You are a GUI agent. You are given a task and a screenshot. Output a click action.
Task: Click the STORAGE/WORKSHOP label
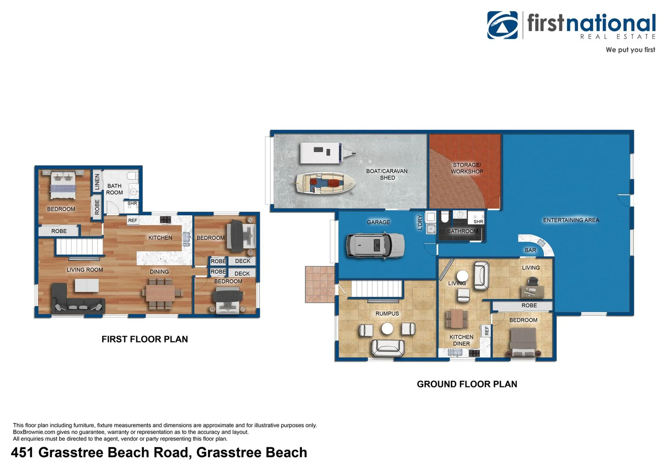pyautogui.click(x=467, y=168)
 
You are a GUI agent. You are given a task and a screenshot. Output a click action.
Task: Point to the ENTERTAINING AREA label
pyautogui.click(x=571, y=220)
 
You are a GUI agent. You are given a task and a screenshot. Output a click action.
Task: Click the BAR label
pyautogui.click(x=530, y=250)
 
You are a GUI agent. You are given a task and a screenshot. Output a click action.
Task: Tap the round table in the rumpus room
pyautogui.click(x=387, y=329)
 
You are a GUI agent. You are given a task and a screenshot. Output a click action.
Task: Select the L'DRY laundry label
pyautogui.click(x=420, y=222)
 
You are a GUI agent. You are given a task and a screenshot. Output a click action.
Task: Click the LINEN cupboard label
pyautogui.click(x=97, y=182)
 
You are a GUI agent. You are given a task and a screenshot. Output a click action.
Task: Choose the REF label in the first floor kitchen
pyautogui.click(x=132, y=220)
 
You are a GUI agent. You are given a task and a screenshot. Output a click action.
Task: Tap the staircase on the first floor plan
pyautogui.click(x=79, y=247)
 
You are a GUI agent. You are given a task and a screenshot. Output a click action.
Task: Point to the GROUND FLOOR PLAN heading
pyautogui.click(x=467, y=384)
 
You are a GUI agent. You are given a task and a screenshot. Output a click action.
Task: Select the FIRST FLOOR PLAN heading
pyautogui.click(x=145, y=339)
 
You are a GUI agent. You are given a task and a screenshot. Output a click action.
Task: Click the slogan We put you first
pyautogui.click(x=630, y=50)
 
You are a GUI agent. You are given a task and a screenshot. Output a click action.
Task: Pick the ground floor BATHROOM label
pyautogui.click(x=463, y=231)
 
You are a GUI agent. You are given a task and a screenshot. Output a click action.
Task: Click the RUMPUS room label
pyautogui.click(x=387, y=313)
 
